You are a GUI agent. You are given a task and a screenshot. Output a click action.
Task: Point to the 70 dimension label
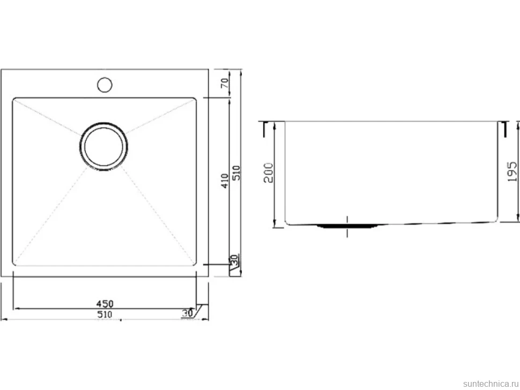click(225, 83)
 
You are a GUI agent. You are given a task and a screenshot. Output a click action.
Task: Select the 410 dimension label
click(225, 181)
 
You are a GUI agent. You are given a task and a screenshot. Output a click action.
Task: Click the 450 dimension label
click(105, 304)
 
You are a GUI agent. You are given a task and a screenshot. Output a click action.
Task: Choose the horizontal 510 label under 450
click(105, 314)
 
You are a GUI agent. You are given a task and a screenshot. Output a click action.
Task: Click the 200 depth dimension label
click(268, 172)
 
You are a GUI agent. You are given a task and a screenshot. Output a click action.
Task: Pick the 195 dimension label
click(512, 171)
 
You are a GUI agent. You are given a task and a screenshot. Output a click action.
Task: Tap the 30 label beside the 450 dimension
click(188, 313)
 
